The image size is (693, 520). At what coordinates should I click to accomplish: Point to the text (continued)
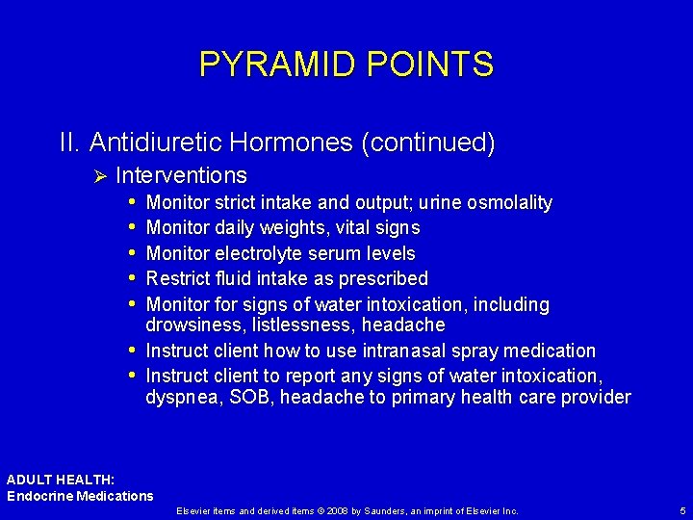pyautogui.click(x=428, y=143)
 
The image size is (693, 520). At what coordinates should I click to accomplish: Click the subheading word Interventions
pyautogui.click(x=181, y=175)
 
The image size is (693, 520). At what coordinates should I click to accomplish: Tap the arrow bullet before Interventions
pyautogui.click(x=98, y=175)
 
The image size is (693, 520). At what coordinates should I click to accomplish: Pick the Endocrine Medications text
pyautogui.click(x=80, y=496)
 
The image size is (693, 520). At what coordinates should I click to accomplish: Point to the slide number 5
pyautogui.click(x=681, y=510)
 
